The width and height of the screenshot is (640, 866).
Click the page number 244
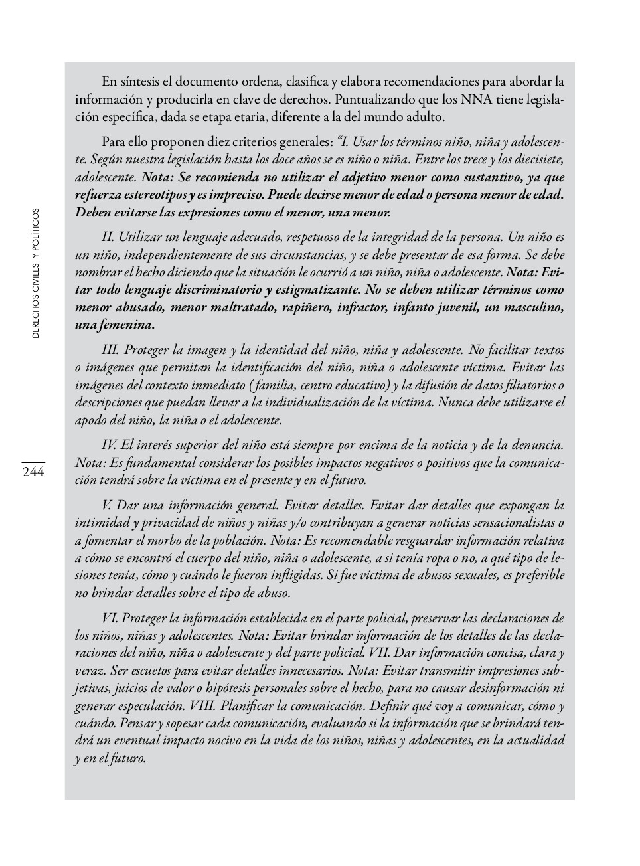[33, 472]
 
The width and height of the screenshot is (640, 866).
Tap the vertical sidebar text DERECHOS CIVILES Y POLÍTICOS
[36, 273]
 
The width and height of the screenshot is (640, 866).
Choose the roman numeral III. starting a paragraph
[110, 350]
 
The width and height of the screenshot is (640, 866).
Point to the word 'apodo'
[91, 420]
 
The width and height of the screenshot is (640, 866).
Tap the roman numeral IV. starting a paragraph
[109, 445]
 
